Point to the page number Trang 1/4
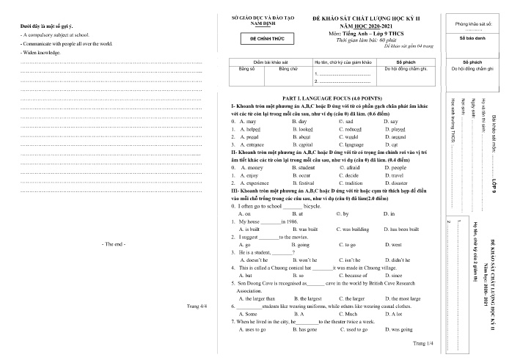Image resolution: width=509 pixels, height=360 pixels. [x=423, y=342]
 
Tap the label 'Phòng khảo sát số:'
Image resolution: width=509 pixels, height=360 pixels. [x=474, y=23]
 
